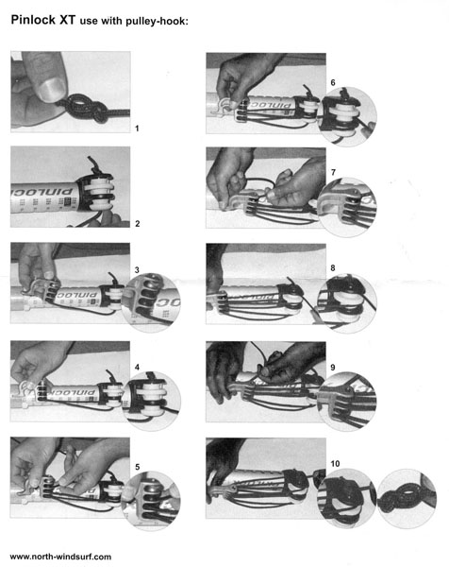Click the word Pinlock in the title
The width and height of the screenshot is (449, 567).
pos(33,20)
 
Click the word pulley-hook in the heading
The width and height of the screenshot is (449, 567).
pos(156,22)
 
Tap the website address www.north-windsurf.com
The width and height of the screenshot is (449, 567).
pos(60,557)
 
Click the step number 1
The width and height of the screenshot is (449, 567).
pos(137,129)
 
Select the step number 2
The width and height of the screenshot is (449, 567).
pos(137,224)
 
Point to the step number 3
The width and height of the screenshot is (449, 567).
pos(137,270)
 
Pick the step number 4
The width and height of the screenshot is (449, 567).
pos(137,368)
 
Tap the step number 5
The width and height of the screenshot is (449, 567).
pos(137,467)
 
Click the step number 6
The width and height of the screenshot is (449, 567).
pos(333,83)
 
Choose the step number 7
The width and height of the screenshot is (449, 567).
pos(333,173)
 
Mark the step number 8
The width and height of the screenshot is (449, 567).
pos(333,268)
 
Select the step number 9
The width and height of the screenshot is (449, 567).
pos(333,368)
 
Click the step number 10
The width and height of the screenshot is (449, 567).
pos(335,464)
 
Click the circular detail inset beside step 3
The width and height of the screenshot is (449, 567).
pos(152,303)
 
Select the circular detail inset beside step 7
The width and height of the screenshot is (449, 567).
pos(347,207)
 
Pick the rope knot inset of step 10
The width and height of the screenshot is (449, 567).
pos(407,499)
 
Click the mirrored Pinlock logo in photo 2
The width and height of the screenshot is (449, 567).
pos(42,190)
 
